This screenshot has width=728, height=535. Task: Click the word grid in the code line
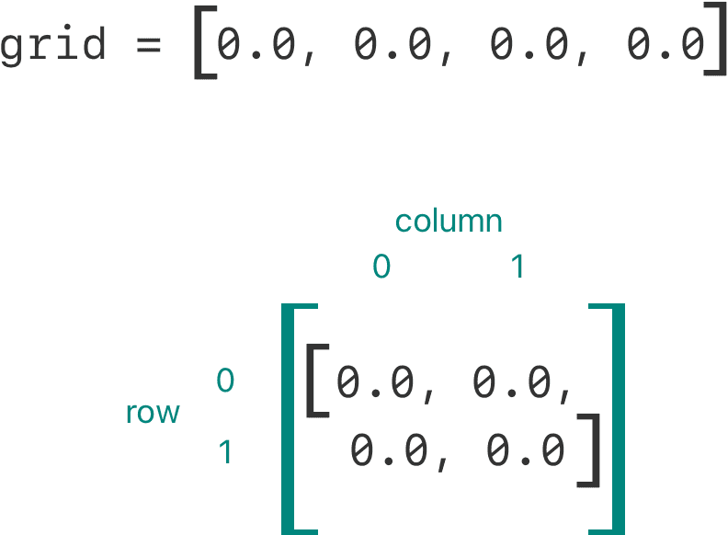click(x=53, y=44)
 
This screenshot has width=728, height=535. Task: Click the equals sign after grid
click(x=149, y=45)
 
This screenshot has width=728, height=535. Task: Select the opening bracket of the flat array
click(x=205, y=42)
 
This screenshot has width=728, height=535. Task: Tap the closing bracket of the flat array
click(x=715, y=39)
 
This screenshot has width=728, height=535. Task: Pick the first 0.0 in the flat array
click(x=256, y=43)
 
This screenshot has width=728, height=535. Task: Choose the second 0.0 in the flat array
click(x=392, y=43)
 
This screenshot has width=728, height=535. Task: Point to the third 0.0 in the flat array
click(x=529, y=43)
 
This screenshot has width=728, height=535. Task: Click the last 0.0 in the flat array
click(x=665, y=43)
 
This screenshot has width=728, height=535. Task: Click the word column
click(x=449, y=221)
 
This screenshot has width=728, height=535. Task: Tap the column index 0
click(x=381, y=266)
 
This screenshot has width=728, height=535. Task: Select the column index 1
click(x=518, y=266)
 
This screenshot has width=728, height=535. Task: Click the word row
click(x=153, y=413)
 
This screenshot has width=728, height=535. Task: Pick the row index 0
click(x=225, y=380)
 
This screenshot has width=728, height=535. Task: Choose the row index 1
click(x=225, y=452)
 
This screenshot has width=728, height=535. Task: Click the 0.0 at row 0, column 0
click(x=375, y=381)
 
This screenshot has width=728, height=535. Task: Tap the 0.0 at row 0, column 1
click(x=511, y=381)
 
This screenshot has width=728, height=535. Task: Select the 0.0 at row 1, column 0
click(x=389, y=450)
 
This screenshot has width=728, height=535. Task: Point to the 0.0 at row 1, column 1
click(x=525, y=450)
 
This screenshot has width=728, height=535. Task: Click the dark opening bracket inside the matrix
click(x=317, y=381)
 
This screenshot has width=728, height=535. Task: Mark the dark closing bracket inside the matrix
click(x=588, y=450)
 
